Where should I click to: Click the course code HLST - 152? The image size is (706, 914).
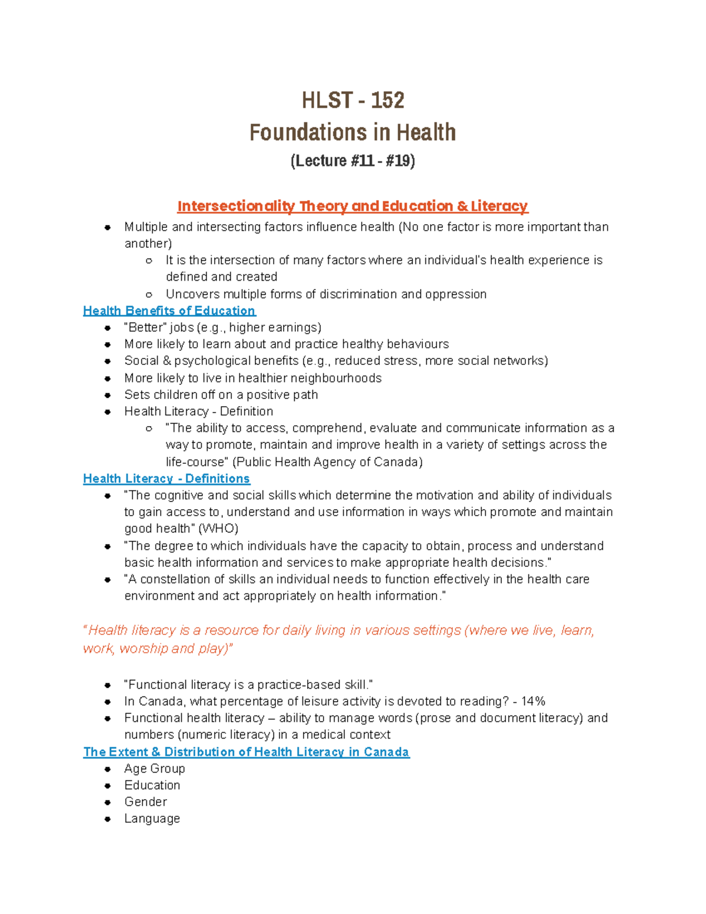point(352,100)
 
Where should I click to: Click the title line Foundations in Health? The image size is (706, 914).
point(352,132)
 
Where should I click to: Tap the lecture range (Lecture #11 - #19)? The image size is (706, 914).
point(352,161)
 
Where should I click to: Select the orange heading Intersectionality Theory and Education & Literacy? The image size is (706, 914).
point(352,206)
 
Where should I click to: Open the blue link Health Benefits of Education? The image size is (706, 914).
point(169,311)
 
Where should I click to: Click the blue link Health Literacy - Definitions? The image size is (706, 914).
point(166,478)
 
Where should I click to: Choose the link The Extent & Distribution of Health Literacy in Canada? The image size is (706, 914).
point(246,752)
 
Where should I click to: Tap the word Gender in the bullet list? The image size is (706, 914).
point(145,802)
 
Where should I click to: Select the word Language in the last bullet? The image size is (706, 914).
point(152,818)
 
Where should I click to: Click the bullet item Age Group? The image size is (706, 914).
point(154,768)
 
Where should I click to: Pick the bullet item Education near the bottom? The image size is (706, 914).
point(152,785)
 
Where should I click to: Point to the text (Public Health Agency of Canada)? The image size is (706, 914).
point(327,462)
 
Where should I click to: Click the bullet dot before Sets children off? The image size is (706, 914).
point(108,395)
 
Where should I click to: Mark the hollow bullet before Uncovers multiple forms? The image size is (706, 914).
point(149,294)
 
